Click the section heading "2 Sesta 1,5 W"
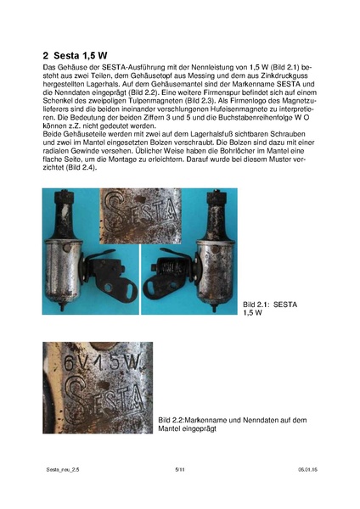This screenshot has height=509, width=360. [x=75, y=53]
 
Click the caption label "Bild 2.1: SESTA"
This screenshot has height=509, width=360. [x=269, y=304]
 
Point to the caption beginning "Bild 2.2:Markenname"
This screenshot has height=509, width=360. [x=221, y=420]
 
